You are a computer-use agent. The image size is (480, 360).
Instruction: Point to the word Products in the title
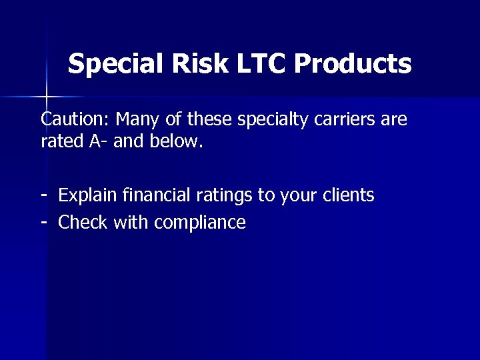[353, 65]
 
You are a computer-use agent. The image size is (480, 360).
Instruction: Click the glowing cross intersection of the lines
[46, 97]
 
